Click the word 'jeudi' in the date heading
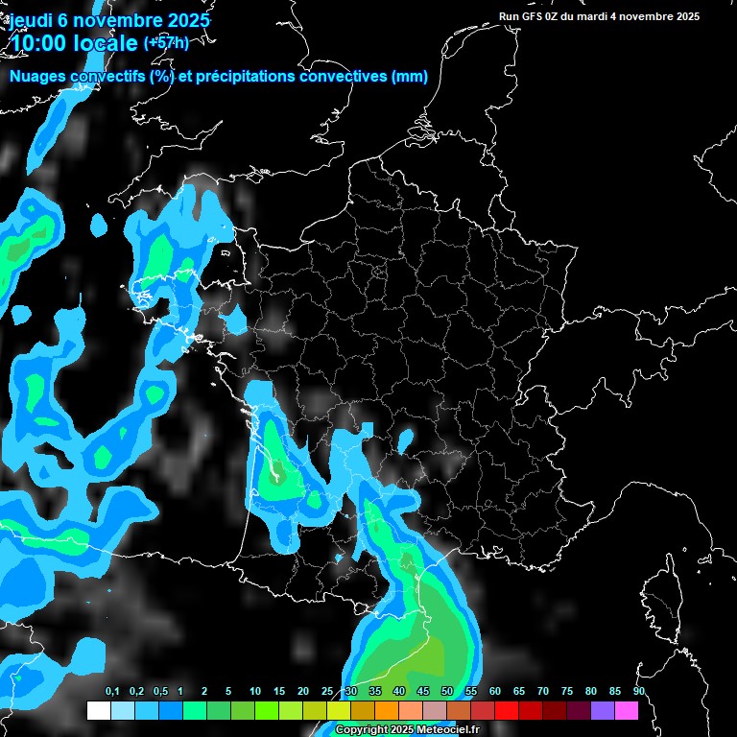pos(31,19)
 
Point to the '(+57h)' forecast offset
pos(166,43)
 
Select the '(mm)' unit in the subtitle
pos(409,77)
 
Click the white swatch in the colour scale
pos(98,710)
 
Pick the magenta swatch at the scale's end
pos(626,710)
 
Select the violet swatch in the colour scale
pos(602,710)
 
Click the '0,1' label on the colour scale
pos(112,691)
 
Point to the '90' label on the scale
pos(638,691)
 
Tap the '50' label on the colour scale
pos(447,691)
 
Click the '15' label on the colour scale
pos(278,691)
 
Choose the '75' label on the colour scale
pos(567,691)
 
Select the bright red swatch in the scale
pos(506,710)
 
